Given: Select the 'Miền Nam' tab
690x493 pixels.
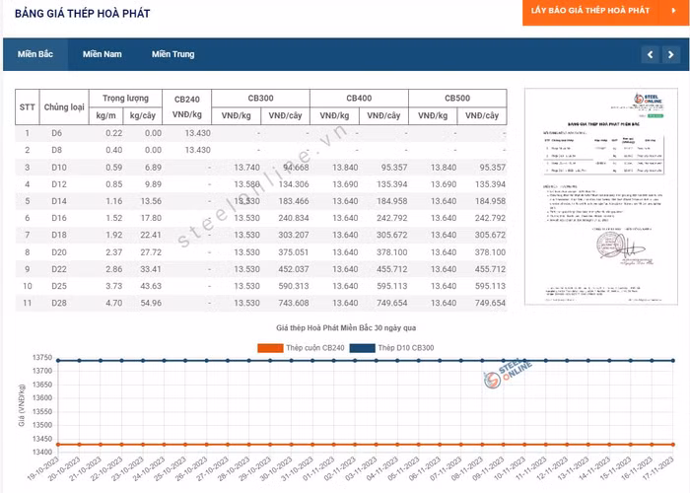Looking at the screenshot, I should [x=103, y=54].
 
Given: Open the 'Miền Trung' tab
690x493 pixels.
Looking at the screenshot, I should [x=172, y=54].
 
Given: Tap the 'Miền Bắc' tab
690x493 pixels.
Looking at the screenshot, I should [x=35, y=54].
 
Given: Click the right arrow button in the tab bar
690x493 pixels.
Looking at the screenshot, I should [x=671, y=54].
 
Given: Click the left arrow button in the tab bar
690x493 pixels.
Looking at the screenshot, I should [x=650, y=54].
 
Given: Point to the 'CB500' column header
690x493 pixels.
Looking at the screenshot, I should [x=457, y=99].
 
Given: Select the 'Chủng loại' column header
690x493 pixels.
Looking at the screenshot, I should [x=65, y=106].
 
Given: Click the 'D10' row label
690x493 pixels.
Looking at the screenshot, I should [x=57, y=167].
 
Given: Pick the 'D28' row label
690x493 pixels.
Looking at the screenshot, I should [x=57, y=303].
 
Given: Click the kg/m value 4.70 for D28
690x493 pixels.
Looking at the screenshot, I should [x=113, y=303].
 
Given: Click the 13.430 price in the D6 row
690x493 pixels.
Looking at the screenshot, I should [x=196, y=132].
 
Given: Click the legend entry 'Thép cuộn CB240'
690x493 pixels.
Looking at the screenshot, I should [x=302, y=348].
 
